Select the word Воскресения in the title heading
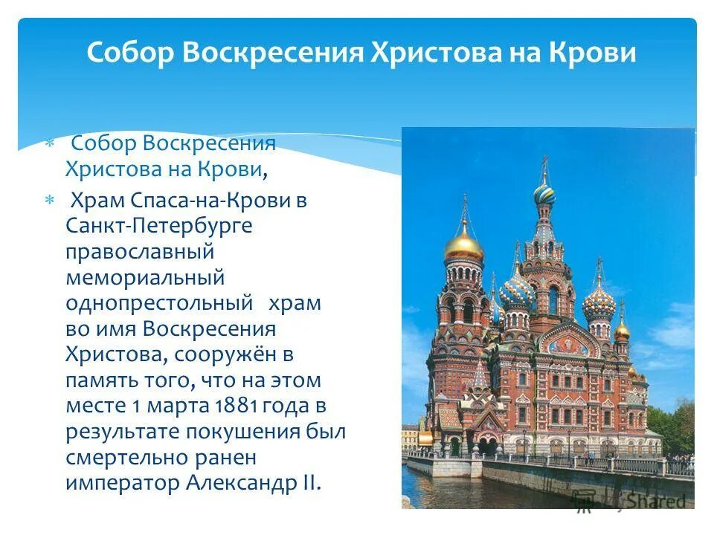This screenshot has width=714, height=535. click(x=268, y=53)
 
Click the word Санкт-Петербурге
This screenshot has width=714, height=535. click(x=158, y=225)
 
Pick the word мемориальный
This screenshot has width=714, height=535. click(x=145, y=277)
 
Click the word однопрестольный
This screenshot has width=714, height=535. click(x=158, y=303)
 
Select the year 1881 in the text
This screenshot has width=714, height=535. click(x=236, y=406)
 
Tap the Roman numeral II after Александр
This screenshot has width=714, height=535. click(x=311, y=483)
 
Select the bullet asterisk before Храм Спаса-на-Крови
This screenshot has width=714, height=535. click(x=50, y=201)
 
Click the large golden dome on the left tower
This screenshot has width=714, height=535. click(x=464, y=246)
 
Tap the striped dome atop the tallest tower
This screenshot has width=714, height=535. click(x=544, y=195)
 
